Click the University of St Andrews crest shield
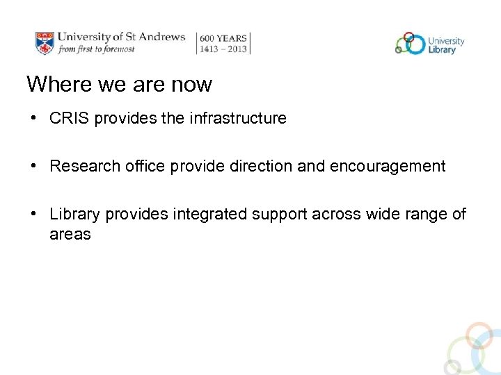(x=45, y=42)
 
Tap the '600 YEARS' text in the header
(x=223, y=38)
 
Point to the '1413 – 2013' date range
(x=223, y=49)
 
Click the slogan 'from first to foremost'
(x=96, y=49)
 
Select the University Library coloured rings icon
(x=410, y=43)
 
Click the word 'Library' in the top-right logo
(x=443, y=49)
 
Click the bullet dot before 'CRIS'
(x=33, y=119)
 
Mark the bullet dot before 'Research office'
(x=33, y=167)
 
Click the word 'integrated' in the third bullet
(x=211, y=214)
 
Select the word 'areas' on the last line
(x=70, y=234)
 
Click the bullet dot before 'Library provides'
(x=33, y=214)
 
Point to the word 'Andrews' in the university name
(x=161, y=37)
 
